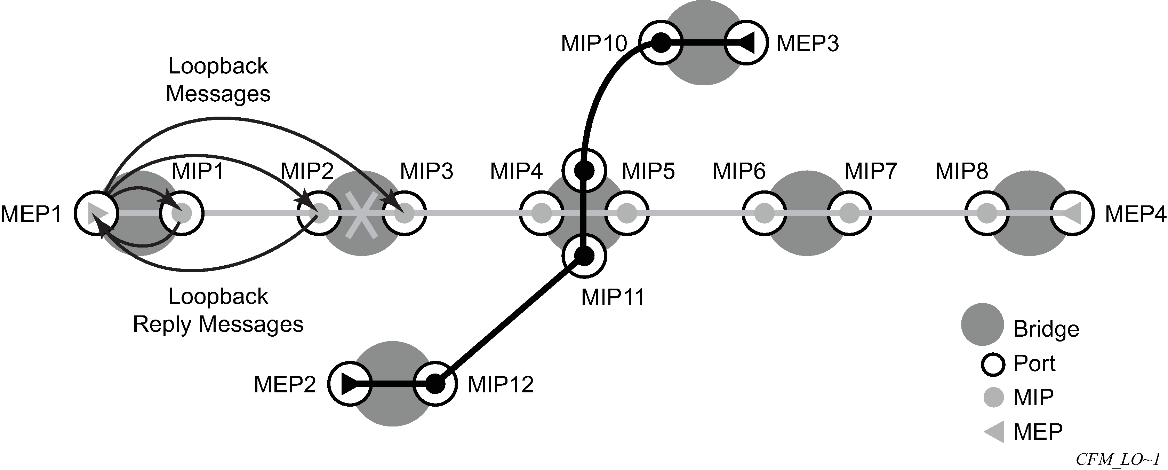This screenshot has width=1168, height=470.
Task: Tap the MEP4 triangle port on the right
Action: tap(1073, 213)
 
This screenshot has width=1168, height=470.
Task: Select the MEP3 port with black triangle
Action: tap(746, 43)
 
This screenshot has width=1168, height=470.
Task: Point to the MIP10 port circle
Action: tap(661, 43)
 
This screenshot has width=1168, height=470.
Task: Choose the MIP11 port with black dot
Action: tap(584, 256)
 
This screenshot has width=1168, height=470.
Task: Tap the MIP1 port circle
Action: tap(182, 213)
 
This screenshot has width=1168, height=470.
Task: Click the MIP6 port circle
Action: tap(765, 213)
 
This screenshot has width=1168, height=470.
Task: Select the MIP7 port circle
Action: tap(850, 213)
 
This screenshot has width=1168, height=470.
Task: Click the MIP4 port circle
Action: tap(541, 213)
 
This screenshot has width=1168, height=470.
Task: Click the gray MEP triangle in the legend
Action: tap(994, 431)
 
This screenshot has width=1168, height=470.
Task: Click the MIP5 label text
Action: tap(648, 172)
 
